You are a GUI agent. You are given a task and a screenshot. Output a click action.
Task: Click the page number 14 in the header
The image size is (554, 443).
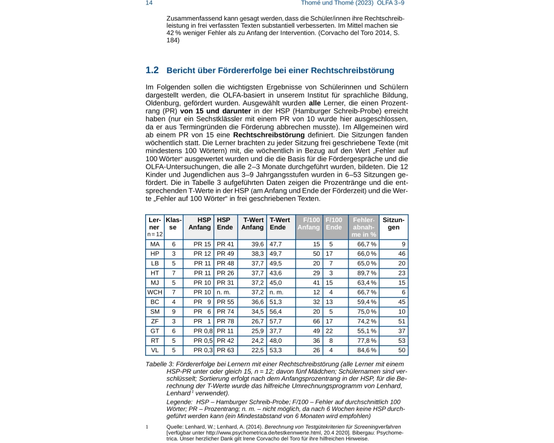point(149,3)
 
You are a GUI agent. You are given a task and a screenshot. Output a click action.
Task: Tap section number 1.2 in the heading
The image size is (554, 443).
point(152,70)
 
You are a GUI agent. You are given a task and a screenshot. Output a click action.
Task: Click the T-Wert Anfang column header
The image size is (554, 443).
point(253,224)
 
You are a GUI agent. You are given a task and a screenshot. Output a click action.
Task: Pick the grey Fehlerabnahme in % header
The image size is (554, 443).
point(364,227)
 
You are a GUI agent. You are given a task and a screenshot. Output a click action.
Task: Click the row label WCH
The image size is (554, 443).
point(155,292)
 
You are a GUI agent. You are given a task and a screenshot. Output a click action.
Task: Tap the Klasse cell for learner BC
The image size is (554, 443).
point(173,302)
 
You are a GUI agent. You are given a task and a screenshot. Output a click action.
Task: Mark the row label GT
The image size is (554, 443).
point(155,331)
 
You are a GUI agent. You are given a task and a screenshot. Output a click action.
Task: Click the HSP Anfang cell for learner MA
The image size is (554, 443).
point(203,244)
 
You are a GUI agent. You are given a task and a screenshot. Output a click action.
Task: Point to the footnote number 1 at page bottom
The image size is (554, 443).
point(147,427)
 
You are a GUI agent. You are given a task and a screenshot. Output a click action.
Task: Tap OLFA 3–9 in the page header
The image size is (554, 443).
point(394,3)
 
